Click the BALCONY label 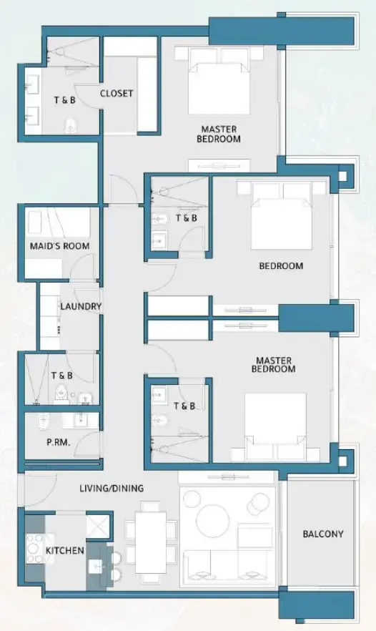click(x=323, y=534)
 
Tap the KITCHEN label click(x=65, y=550)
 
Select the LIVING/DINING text click(x=111, y=489)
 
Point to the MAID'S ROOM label click(x=59, y=246)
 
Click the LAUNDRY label click(x=81, y=307)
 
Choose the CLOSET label click(x=117, y=94)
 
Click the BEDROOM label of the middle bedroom click(x=281, y=266)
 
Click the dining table click(x=152, y=541)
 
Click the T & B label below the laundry click(x=61, y=375)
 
